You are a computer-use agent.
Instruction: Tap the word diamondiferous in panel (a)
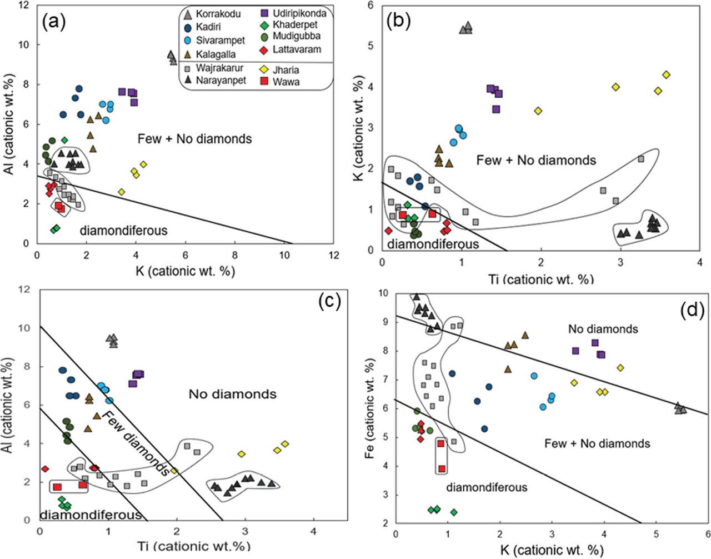tap(123, 230)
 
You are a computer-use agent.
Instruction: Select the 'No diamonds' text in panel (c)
tap(232, 395)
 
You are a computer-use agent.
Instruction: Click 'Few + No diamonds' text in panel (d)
tap(597, 443)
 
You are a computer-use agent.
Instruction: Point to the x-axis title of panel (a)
tap(185, 271)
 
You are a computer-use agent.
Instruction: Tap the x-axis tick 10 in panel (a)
tap(284, 254)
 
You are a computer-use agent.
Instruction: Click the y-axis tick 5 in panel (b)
tap(370, 46)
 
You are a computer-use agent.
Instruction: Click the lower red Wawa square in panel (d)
tap(442, 469)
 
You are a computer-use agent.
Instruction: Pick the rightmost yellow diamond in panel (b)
tap(666, 74)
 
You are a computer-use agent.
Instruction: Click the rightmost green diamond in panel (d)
tap(454, 512)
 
